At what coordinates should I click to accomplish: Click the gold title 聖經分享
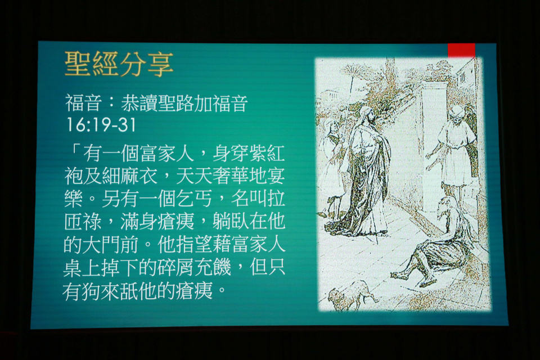pyautogui.click(x=119, y=64)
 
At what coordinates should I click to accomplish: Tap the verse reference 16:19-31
pyautogui.click(x=101, y=125)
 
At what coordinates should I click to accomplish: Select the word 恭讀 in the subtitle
pyautogui.click(x=139, y=103)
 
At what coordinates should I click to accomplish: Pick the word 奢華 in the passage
pyautogui.click(x=229, y=176)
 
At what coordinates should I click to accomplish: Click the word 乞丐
pyautogui.click(x=194, y=199)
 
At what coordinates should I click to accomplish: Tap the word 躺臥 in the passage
pyautogui.click(x=229, y=221)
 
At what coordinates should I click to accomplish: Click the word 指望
pyautogui.click(x=194, y=244)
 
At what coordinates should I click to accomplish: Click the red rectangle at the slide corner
pyautogui.click(x=461, y=50)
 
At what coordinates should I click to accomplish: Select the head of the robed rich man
pyautogui.click(x=367, y=117)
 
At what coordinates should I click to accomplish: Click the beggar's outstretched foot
pyautogui.click(x=400, y=275)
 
